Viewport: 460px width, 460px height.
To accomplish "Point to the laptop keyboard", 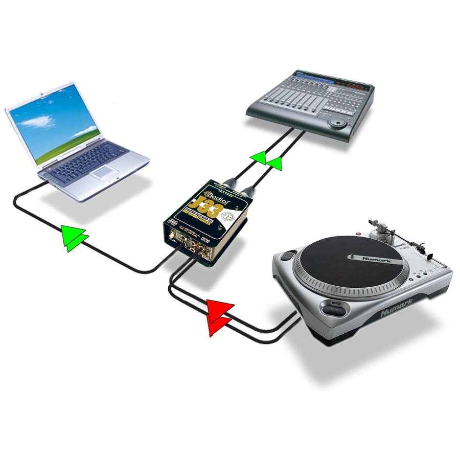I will click(87, 159).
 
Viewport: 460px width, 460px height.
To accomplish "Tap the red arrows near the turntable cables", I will click(219, 317).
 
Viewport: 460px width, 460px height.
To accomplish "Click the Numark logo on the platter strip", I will click(377, 260).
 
